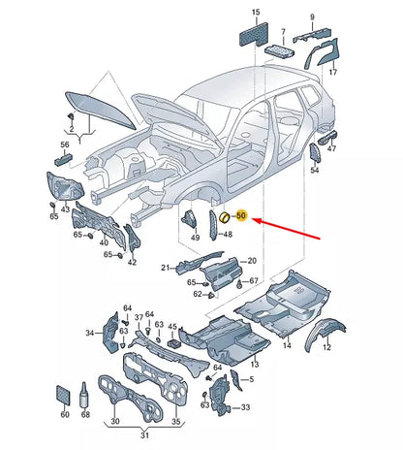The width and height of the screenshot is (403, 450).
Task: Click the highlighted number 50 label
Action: pos(241,215)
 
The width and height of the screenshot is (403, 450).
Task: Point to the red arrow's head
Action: pos(255,220)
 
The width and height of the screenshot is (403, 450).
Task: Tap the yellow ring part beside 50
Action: pos(225,217)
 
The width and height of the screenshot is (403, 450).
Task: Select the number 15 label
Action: pos(256,13)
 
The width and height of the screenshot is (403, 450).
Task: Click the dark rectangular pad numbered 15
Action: pos(254,34)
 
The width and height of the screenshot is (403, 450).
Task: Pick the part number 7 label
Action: pos(283,32)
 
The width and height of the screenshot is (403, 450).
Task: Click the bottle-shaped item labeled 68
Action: pos(85,395)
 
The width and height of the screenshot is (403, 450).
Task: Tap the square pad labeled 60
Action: pos(63,395)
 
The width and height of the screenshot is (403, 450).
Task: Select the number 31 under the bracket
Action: pos(144,435)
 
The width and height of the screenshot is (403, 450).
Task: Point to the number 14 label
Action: pos(287,345)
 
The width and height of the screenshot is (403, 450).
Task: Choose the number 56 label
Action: pos(65,145)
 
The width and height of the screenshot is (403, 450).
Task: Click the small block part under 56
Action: pos(63,159)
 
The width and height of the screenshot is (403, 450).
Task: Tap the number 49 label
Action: pos(195,238)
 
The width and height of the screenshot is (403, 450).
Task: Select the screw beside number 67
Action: pos(239,284)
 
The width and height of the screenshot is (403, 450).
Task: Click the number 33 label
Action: pos(245,407)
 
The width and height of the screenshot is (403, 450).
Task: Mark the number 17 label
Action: pos(332,72)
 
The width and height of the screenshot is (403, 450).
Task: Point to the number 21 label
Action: pos(166,268)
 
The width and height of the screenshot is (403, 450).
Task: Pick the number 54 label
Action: pos(314,170)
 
